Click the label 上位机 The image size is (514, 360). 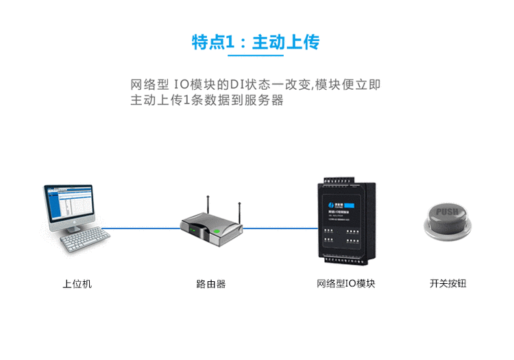(77, 283)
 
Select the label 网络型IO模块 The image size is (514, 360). (345, 283)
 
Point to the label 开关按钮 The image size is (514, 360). (448, 283)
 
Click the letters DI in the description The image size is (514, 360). (236, 85)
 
